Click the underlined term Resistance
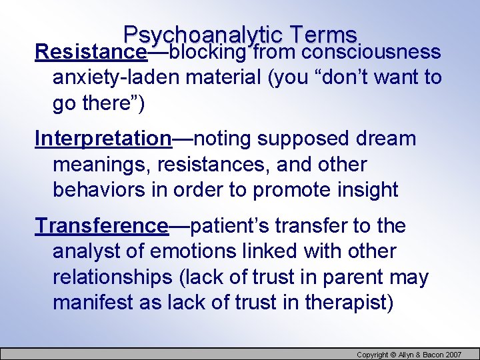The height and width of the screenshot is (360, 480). pos(91,52)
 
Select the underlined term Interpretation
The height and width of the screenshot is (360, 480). pos(103,139)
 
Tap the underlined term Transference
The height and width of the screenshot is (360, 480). pos(101,226)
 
